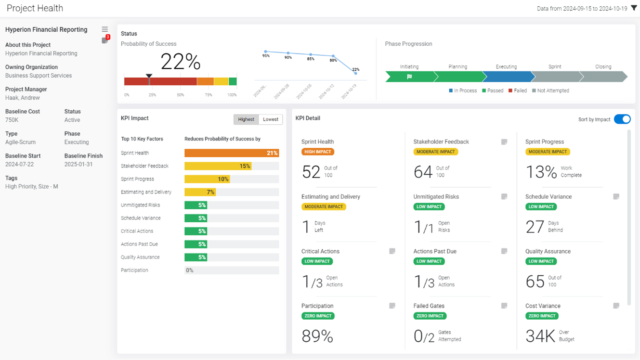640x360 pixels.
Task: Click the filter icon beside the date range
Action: (x=634, y=8)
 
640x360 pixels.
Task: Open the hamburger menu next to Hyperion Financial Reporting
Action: (x=104, y=29)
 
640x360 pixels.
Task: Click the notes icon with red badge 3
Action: (x=105, y=40)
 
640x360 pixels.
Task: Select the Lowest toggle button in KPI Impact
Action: (x=270, y=119)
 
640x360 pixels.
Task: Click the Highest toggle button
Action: (x=246, y=119)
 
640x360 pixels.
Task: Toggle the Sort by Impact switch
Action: (x=622, y=119)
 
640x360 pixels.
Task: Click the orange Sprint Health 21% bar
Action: (x=231, y=153)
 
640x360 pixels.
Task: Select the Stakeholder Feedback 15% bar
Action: (x=218, y=166)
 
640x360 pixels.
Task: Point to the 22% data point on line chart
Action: (x=355, y=74)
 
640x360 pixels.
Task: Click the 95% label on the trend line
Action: (x=266, y=56)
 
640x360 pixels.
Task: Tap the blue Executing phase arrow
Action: (x=508, y=77)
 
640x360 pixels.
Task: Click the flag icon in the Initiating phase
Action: (x=409, y=77)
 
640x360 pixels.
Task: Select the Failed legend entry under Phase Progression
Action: (x=518, y=90)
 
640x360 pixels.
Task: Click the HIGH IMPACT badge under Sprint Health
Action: (x=318, y=152)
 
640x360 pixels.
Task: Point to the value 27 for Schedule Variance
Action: (x=535, y=227)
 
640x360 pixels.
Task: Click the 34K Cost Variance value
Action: (x=540, y=336)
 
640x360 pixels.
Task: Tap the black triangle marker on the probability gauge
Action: (x=149, y=76)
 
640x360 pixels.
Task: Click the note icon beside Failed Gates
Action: (x=504, y=306)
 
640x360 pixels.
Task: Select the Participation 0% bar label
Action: (x=190, y=270)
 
